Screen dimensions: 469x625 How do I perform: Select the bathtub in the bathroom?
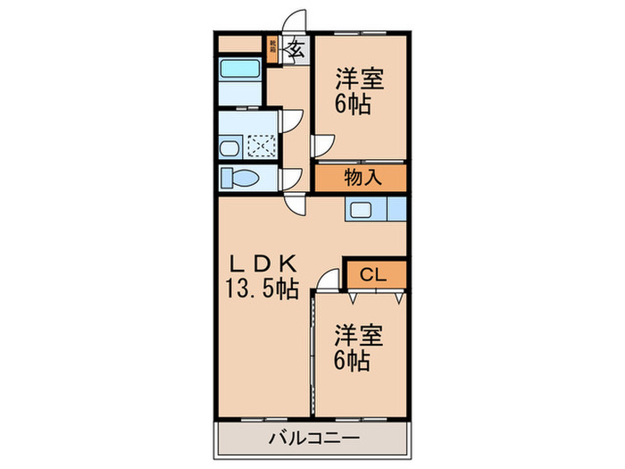click(239, 69)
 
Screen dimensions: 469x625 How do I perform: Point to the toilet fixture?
click(238, 178)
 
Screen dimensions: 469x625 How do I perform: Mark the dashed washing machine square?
click(262, 146)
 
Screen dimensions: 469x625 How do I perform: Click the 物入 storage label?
click(361, 177)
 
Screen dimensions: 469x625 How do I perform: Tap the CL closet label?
click(373, 274)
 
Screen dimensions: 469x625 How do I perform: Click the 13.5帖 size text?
click(262, 289)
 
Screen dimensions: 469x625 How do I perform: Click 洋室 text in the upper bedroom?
click(360, 79)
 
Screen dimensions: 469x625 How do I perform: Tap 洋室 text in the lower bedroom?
click(360, 336)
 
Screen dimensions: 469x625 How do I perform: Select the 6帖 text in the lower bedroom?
click(354, 361)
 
